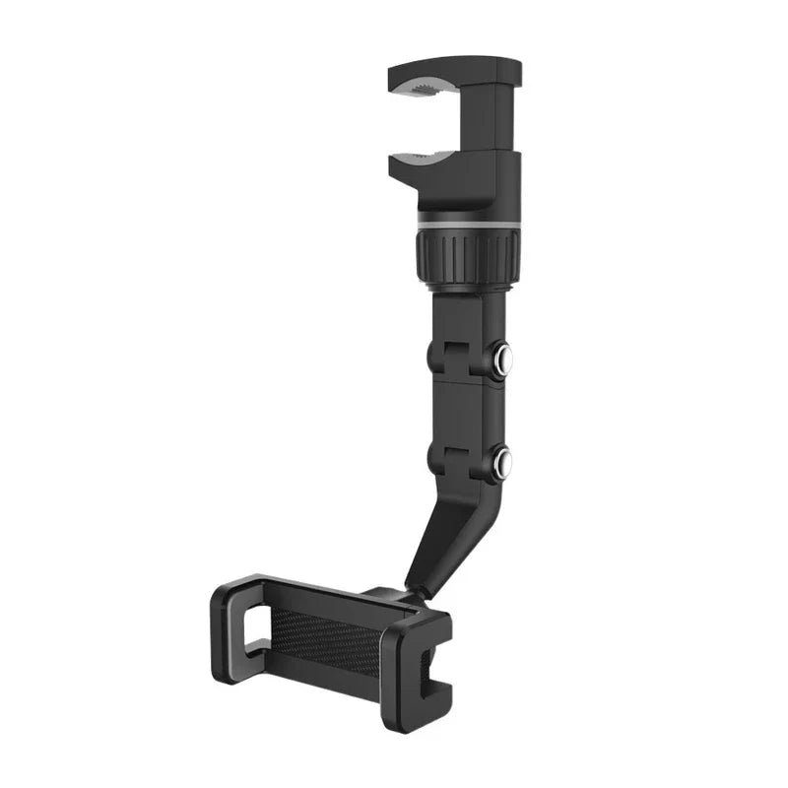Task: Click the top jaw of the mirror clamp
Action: pyautogui.click(x=453, y=73)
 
